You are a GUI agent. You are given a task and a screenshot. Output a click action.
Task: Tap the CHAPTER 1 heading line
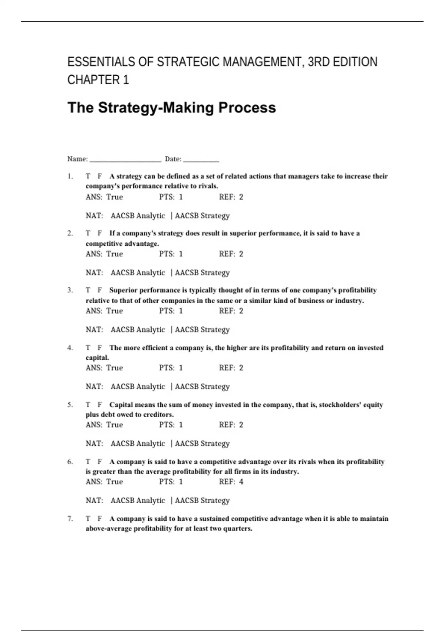(x=98, y=80)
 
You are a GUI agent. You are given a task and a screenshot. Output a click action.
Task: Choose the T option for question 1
(x=88, y=176)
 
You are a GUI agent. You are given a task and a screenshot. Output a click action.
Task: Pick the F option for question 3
(x=99, y=290)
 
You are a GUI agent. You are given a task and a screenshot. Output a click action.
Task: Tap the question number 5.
(x=70, y=405)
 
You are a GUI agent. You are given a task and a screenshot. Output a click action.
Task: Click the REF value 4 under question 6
(x=241, y=482)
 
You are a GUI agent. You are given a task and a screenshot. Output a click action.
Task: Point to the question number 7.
(x=70, y=519)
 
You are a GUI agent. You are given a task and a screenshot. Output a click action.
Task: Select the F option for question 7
(x=99, y=519)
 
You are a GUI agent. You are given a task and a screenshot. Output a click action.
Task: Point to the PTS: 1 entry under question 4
(x=171, y=368)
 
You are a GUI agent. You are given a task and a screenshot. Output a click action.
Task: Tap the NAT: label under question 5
(x=94, y=444)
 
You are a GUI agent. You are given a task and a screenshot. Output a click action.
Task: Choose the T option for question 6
(x=88, y=462)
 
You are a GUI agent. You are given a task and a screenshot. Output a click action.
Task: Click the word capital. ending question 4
(x=97, y=358)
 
